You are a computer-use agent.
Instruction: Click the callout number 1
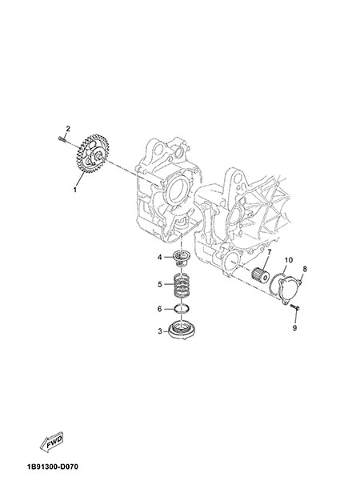pyautogui.click(x=75, y=190)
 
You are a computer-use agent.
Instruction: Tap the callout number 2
pyautogui.click(x=68, y=129)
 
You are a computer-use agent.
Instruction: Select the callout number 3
pyautogui.click(x=160, y=331)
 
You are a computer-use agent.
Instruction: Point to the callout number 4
pyautogui.click(x=160, y=257)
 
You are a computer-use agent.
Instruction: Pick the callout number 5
pyautogui.click(x=160, y=284)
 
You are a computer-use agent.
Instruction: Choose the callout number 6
pyautogui.click(x=160, y=308)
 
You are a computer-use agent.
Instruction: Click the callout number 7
pyautogui.click(x=269, y=252)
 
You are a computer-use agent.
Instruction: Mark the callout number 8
pyautogui.click(x=305, y=269)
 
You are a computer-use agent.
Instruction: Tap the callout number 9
pyautogui.click(x=294, y=328)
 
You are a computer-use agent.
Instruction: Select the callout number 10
pyautogui.click(x=288, y=260)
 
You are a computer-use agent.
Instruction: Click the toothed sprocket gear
pyautogui.click(x=93, y=154)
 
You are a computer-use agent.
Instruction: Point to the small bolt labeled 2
pyautogui.click(x=62, y=138)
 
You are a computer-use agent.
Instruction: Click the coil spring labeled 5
pyautogui.click(x=182, y=285)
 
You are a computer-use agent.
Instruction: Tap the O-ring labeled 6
pyautogui.click(x=182, y=308)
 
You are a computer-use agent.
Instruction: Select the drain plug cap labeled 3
pyautogui.click(x=182, y=331)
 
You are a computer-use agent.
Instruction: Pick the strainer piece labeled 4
pyautogui.click(x=182, y=258)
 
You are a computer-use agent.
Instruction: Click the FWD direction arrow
pyautogui.click(x=51, y=442)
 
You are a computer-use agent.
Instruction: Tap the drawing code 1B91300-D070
pyautogui.click(x=53, y=467)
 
